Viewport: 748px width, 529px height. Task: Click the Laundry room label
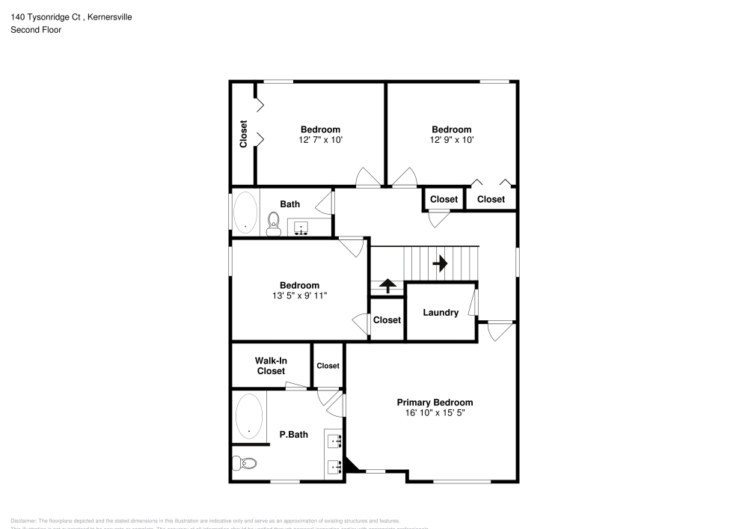(441, 312)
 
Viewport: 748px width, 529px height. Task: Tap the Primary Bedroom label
(435, 403)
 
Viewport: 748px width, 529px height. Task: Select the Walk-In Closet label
(271, 366)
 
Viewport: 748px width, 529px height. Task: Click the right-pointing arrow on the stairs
(440, 263)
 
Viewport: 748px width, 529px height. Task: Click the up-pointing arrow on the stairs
(387, 286)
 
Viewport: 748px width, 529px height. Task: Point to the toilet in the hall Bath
(274, 222)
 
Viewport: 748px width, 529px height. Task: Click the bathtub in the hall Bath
(245, 212)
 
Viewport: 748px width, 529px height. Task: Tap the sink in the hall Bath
(302, 227)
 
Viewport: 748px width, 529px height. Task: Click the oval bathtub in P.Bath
(249, 416)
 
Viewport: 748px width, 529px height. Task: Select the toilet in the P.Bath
(245, 463)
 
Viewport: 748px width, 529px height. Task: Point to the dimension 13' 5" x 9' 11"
(299, 296)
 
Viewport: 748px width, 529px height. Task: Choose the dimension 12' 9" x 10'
(451, 140)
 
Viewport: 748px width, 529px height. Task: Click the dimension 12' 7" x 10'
(320, 140)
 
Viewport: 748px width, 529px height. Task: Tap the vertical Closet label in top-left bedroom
(243, 134)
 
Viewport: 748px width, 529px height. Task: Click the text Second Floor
(36, 30)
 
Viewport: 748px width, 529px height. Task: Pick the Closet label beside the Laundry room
(387, 320)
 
